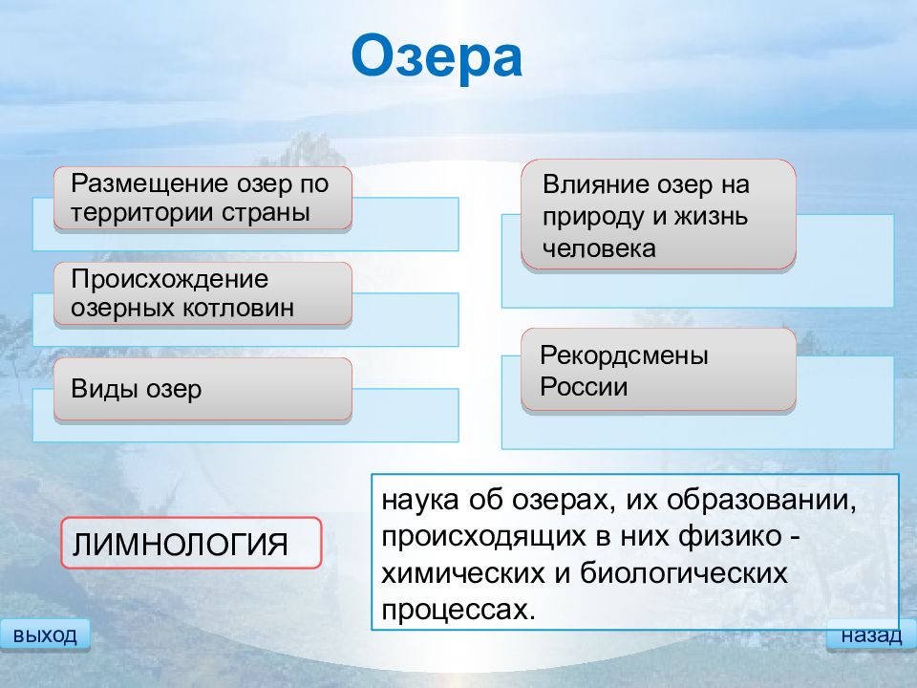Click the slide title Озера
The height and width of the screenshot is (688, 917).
[437, 56]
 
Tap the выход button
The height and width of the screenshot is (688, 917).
[45, 634]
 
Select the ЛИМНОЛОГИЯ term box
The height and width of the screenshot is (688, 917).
[191, 543]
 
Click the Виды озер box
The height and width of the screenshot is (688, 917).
[203, 389]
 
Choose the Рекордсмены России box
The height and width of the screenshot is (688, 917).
[658, 370]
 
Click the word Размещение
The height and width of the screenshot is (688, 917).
[150, 184]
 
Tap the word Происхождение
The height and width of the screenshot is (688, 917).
[170, 280]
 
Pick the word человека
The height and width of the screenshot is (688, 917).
[599, 249]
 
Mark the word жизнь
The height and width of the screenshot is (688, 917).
[711, 217]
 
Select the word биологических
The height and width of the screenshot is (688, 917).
[684, 573]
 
